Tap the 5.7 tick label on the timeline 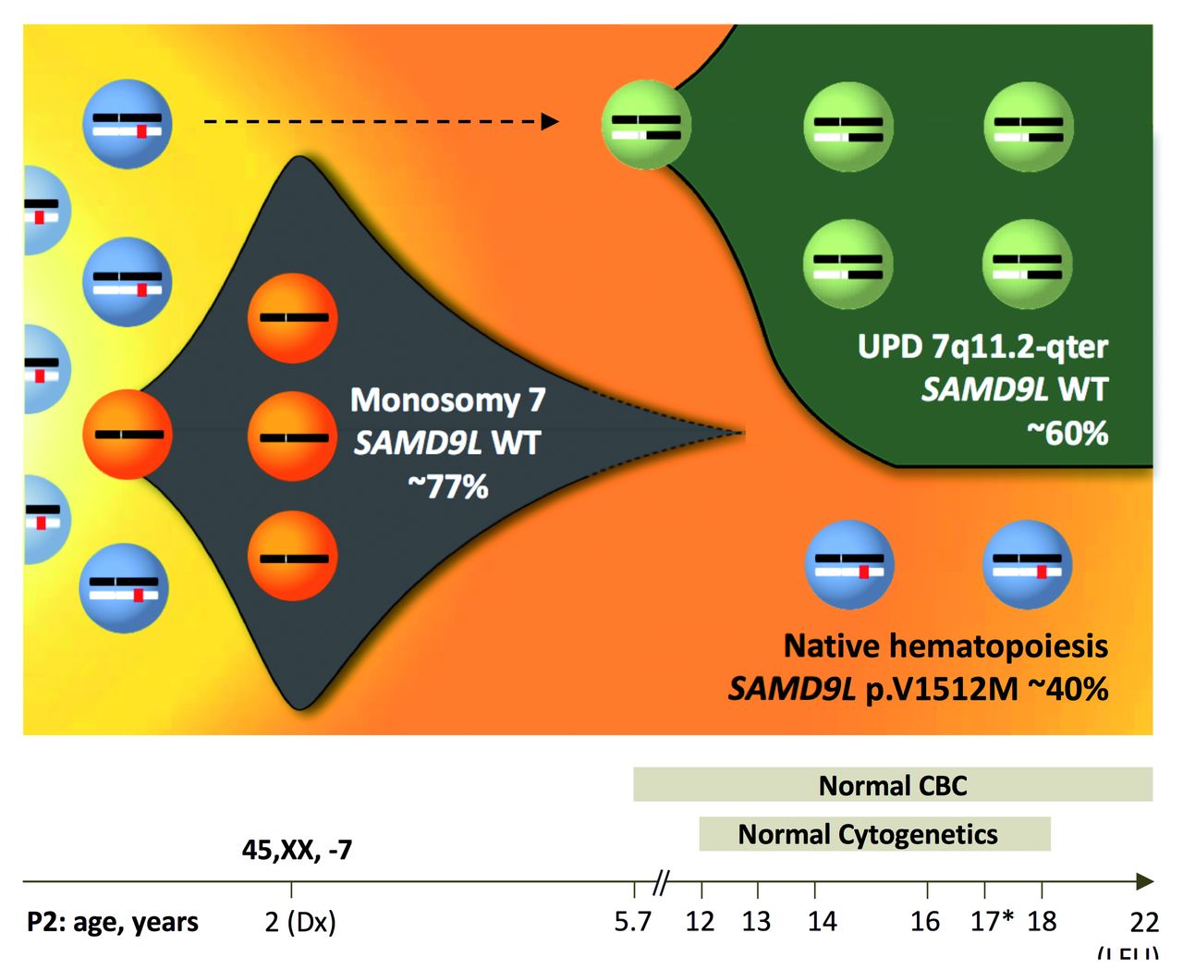coord(633,922)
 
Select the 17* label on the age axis coord(992,922)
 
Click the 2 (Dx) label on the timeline coord(300,922)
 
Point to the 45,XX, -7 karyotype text coord(297,850)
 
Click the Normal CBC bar coord(892,785)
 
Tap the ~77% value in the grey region coord(448,486)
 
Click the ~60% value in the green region coord(1067,433)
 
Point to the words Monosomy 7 coord(448,400)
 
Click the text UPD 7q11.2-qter coord(982,347)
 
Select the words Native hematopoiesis coord(945,645)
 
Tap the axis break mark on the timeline coord(660,884)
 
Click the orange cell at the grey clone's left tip coord(127,435)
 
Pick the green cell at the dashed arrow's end coord(646,124)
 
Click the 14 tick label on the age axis coord(822,922)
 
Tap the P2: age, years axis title coord(113,922)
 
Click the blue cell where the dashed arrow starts coord(127,124)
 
